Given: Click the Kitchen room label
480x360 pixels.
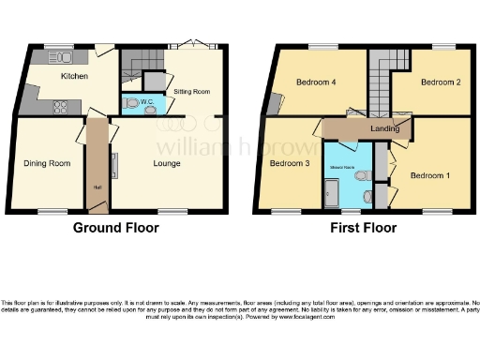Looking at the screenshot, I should tap(74, 76).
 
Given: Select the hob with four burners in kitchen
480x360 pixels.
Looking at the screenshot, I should tap(60, 106).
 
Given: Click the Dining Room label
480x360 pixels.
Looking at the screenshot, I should tap(47, 163).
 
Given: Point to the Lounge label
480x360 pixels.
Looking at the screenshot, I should tap(167, 163).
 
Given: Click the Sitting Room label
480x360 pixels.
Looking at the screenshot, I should tap(191, 91).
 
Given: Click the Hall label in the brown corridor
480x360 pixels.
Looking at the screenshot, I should tap(97, 187).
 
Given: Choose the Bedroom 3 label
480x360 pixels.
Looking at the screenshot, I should tap(289, 163).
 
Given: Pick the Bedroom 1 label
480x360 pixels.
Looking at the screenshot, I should tap(429, 174).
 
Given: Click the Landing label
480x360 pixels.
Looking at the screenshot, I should tap(384, 128).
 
